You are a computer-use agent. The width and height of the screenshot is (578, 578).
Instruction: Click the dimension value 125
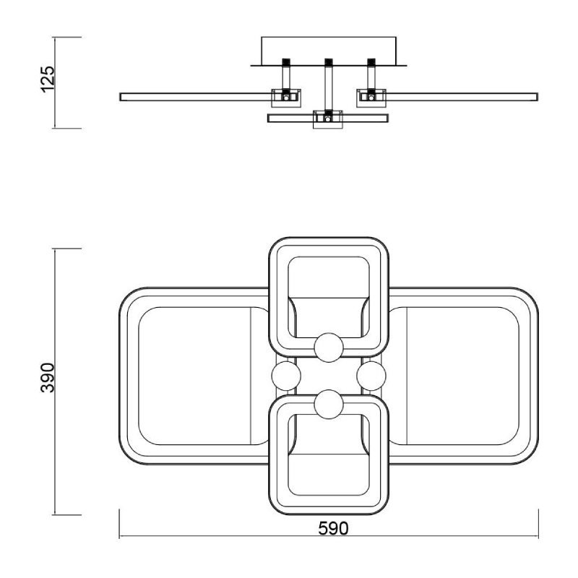coord(48,79)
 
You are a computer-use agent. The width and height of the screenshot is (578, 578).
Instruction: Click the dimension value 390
coord(48,378)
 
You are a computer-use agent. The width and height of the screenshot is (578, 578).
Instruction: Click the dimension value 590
coord(333,529)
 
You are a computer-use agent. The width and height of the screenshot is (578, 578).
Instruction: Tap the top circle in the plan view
coord(329,348)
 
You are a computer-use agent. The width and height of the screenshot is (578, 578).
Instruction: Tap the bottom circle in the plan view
coord(329,405)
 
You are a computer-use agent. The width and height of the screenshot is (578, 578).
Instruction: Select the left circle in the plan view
coord(286,376)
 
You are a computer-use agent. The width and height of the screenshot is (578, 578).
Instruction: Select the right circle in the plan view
coord(371,376)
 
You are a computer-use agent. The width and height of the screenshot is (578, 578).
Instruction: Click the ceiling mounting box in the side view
coord(329,51)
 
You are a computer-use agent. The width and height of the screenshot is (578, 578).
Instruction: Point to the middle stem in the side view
coord(328,87)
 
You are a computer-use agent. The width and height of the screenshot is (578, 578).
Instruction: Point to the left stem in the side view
coord(285,77)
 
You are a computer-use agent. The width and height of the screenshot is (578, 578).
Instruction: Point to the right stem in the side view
coord(371,77)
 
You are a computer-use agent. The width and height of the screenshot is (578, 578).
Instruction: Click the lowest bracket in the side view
coord(328,119)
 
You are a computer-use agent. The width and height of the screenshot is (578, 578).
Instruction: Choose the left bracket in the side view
coord(286,98)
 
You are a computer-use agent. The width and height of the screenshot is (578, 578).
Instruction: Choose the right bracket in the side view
coord(371,98)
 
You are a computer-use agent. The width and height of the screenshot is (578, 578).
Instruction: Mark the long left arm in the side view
coord(196,97)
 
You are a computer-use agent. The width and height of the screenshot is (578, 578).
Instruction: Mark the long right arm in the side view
coord(462,97)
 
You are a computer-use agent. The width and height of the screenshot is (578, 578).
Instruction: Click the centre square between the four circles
coord(329,376)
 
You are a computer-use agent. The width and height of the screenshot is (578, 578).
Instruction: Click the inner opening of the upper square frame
coord(329,297)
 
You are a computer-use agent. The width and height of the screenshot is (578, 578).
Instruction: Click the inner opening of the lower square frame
coord(329,455)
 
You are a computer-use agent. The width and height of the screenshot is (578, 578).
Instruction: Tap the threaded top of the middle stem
coord(329,61)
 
